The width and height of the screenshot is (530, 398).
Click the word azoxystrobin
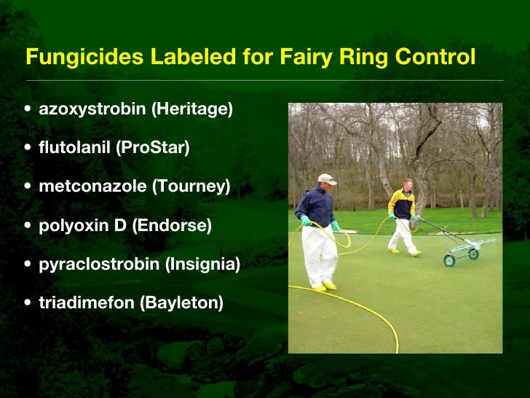(92, 109)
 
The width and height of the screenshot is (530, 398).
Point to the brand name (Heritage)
(192, 109)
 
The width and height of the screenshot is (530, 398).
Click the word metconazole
(92, 187)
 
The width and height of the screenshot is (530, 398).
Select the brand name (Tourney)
(191, 187)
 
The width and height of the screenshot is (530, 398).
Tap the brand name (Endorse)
(172, 225)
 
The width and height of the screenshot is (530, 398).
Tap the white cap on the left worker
(327, 179)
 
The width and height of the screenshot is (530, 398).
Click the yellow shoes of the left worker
(325, 287)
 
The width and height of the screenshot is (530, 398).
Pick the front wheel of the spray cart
(449, 260)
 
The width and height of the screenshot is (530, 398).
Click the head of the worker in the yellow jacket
(408, 184)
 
